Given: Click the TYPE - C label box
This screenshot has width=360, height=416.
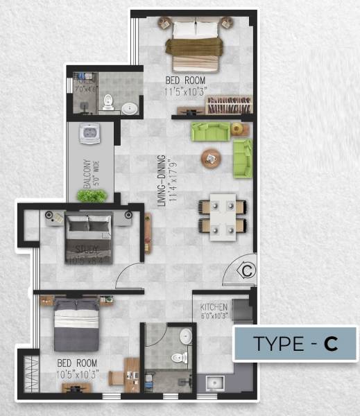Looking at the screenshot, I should tap(295, 344).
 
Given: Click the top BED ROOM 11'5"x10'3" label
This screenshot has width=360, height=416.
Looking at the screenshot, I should tap(185, 85).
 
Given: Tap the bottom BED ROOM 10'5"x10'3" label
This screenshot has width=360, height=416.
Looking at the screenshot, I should tap(78, 367).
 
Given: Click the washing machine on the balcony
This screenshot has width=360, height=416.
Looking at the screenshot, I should tap(89, 133).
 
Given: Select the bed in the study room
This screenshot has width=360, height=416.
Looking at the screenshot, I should tap(88, 234).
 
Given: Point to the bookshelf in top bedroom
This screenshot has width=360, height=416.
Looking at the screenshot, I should tap(228, 106).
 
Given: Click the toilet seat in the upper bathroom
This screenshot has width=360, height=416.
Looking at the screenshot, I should tap(108, 104).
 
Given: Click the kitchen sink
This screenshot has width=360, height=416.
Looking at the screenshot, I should tap(211, 383).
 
